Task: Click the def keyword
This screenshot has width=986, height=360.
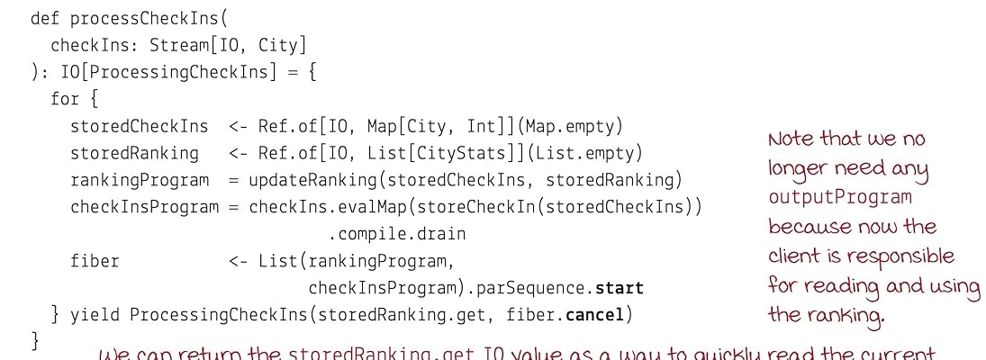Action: (45, 19)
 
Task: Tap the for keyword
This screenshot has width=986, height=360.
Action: (65, 99)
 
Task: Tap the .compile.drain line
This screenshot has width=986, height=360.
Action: (396, 234)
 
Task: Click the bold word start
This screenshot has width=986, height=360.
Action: (620, 288)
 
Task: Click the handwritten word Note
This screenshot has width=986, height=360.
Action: (791, 139)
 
